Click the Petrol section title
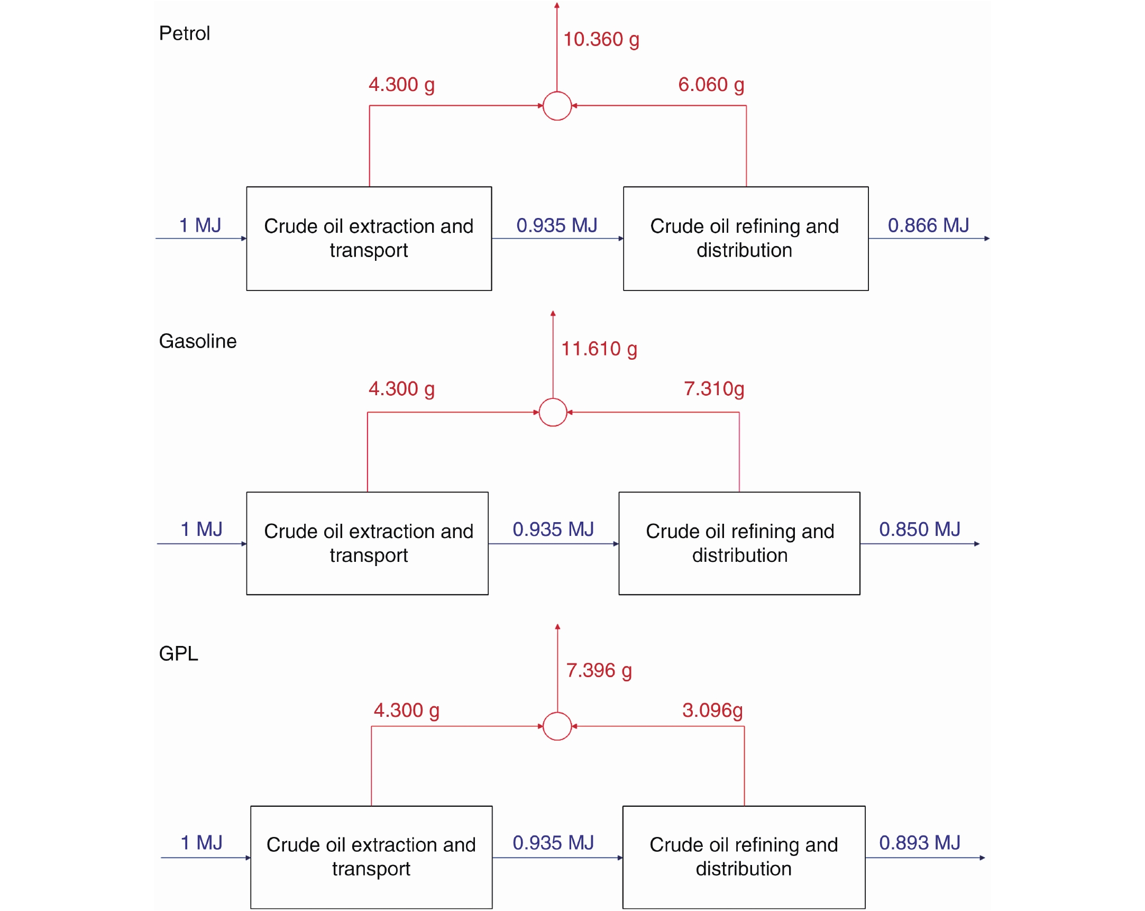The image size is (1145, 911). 184,33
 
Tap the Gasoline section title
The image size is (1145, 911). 198,341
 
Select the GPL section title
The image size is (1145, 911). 178,653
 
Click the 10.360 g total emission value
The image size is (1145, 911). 601,40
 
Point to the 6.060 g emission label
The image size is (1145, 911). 711,85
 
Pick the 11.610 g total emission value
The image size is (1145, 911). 599,350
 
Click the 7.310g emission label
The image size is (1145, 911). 714,389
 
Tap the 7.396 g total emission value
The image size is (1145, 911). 599,671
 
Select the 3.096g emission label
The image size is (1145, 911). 712,710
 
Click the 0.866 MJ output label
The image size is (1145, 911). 928,226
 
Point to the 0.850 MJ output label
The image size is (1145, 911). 920,530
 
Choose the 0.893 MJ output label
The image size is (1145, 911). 920,843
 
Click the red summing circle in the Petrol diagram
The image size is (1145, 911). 557,106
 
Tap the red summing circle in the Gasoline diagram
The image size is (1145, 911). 553,412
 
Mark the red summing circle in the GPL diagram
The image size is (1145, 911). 557,726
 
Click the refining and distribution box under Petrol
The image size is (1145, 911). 746,239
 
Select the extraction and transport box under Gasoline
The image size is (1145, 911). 368,543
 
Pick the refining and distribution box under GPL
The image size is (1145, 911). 744,858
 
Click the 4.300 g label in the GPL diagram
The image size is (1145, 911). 407,710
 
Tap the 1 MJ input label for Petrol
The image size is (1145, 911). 200,226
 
